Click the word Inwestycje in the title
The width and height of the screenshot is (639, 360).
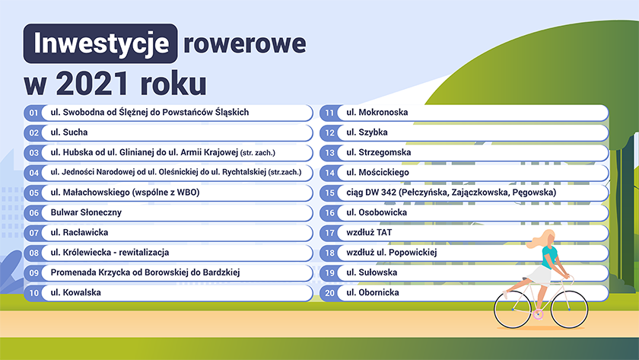coord(100,43)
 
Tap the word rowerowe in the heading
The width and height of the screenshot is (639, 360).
coord(244,44)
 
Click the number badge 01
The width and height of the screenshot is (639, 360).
coord(33,113)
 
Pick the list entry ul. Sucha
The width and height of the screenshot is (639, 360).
coord(69,132)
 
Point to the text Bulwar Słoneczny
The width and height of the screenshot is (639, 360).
coord(86,212)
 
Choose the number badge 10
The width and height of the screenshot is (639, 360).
coord(33,293)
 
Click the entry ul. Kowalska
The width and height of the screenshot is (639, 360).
coord(76,292)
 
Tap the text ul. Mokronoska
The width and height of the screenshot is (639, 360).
coord(377,112)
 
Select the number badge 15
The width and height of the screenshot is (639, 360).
coord(329,193)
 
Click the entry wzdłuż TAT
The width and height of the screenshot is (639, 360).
coord(369,232)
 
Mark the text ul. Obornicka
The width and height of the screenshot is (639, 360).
coord(373,292)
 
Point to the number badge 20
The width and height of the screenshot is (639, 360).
coord(329,293)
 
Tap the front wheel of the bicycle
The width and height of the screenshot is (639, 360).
coord(569,309)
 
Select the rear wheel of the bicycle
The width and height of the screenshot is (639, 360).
coord(513,309)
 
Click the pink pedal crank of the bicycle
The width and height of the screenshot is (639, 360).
coord(539,314)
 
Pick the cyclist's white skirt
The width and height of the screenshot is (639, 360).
coord(539,276)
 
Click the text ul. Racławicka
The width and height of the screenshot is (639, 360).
coord(79,232)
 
